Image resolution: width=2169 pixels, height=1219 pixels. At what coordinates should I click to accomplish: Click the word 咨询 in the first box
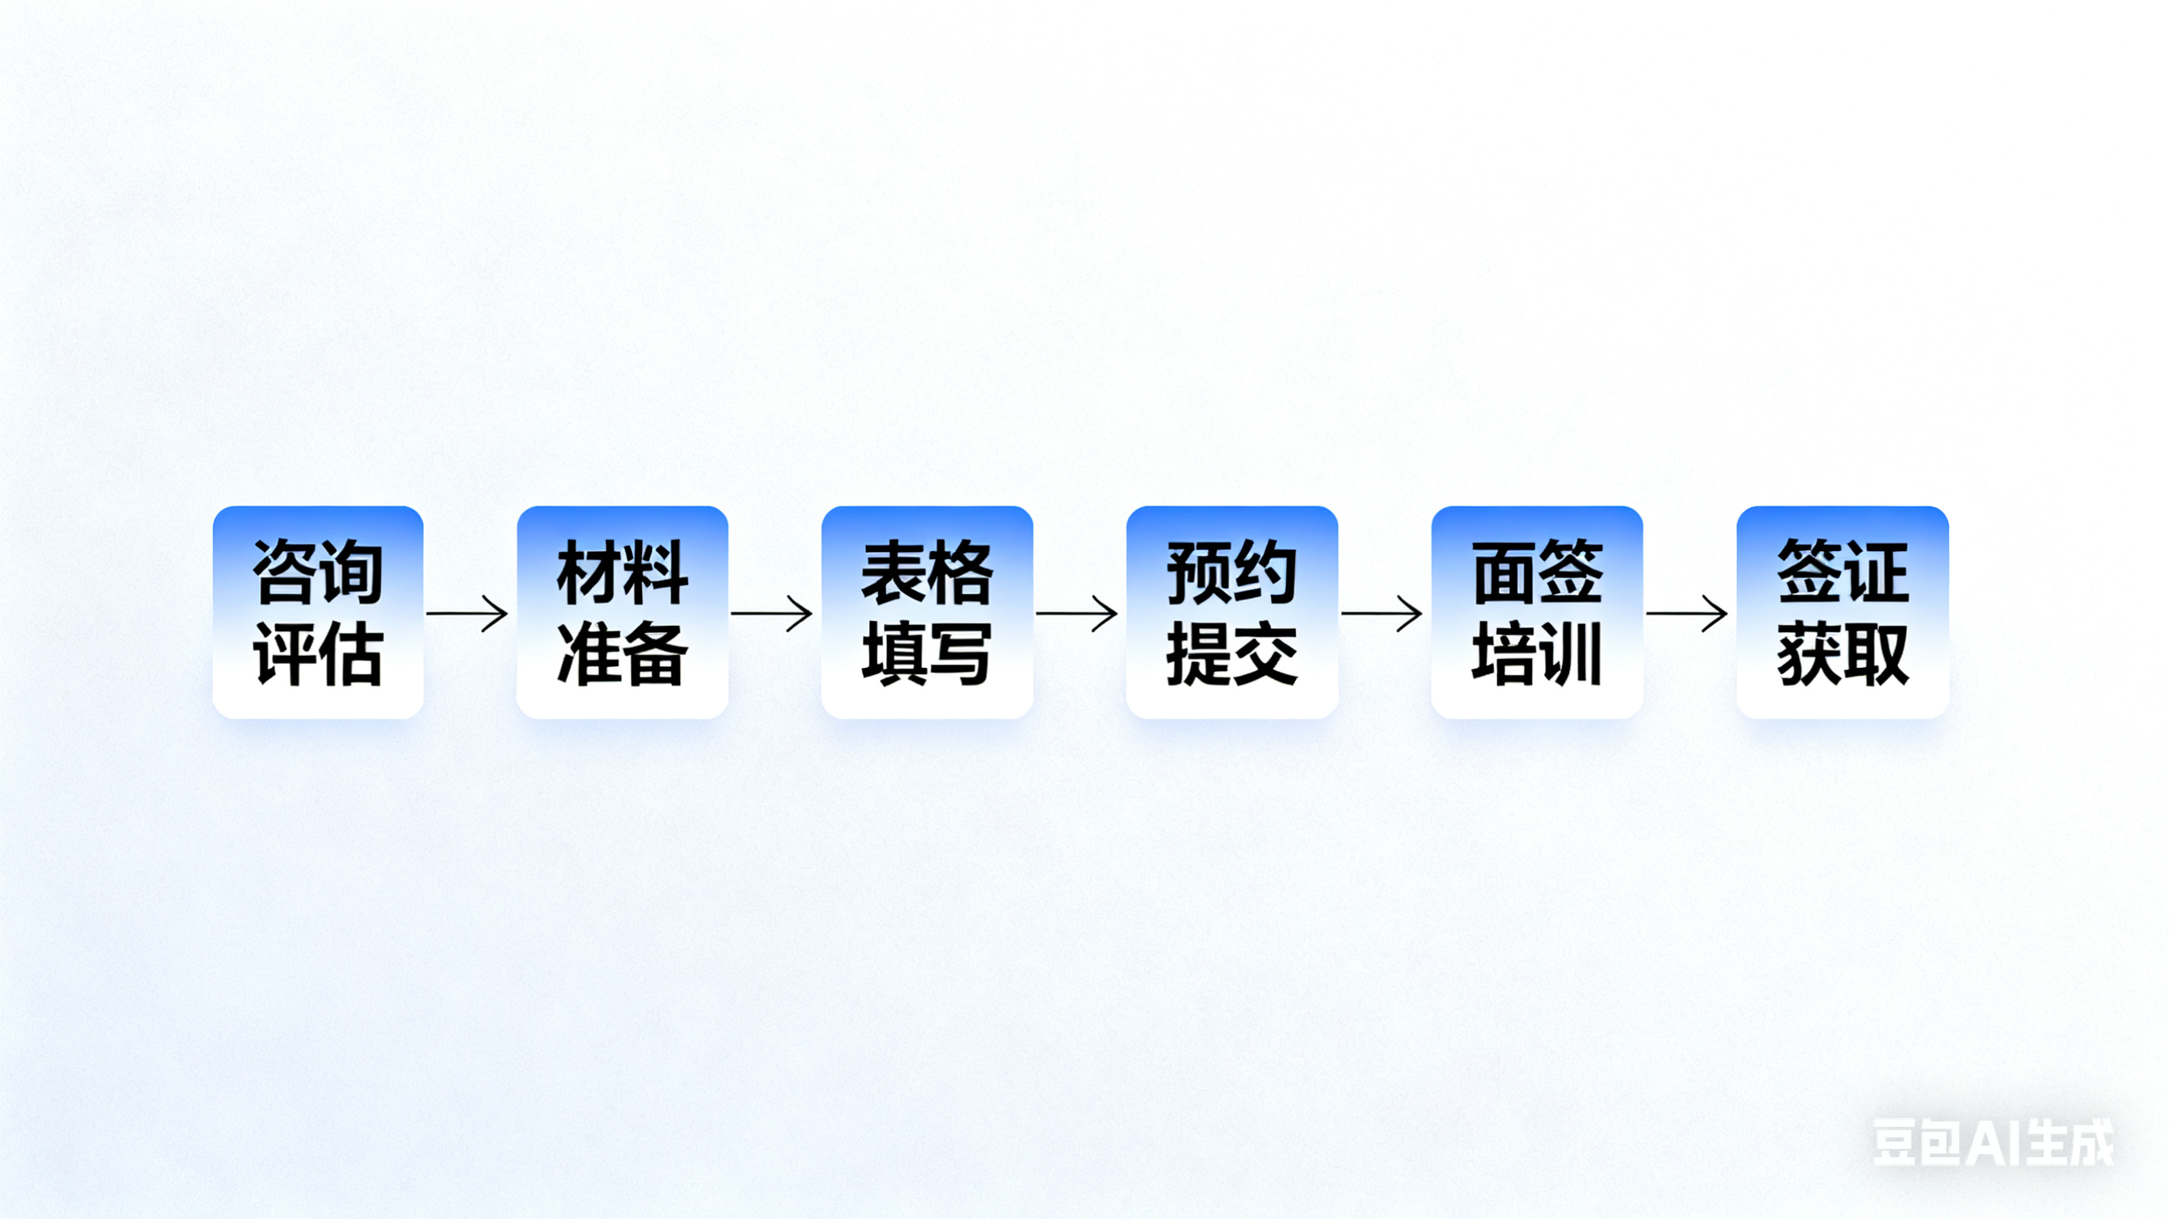[318, 573]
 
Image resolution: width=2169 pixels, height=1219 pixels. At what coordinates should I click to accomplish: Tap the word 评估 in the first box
[318, 654]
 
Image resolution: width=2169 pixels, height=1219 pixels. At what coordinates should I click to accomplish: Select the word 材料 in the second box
[622, 573]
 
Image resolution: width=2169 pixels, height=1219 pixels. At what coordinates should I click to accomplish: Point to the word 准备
[622, 654]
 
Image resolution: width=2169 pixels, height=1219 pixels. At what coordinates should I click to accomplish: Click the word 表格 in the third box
[927, 573]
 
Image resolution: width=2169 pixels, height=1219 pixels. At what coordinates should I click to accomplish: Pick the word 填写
[927, 654]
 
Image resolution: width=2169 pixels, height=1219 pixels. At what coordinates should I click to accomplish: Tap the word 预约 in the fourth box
[1231, 573]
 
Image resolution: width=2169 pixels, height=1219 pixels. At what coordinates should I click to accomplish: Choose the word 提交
[1231, 654]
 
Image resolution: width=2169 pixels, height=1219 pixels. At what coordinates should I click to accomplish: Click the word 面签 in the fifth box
[1537, 573]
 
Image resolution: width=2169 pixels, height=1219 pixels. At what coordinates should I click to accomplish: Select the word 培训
[1537, 654]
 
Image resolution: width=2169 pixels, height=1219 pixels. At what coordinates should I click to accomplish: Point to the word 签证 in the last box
[1842, 573]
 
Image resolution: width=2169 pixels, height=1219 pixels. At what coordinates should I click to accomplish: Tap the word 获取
[1842, 654]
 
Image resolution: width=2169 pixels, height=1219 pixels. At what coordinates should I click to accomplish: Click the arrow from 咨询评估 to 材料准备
[468, 613]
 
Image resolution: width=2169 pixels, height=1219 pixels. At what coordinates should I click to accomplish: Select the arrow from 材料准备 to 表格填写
[772, 613]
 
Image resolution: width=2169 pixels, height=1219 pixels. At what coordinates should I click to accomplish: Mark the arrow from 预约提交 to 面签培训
[1382, 613]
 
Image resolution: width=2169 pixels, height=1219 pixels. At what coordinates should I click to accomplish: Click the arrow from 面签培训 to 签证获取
[1688, 613]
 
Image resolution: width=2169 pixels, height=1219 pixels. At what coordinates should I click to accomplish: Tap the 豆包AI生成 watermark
[1992, 1143]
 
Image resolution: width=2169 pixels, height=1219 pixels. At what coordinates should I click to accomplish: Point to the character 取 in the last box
[1876, 654]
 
